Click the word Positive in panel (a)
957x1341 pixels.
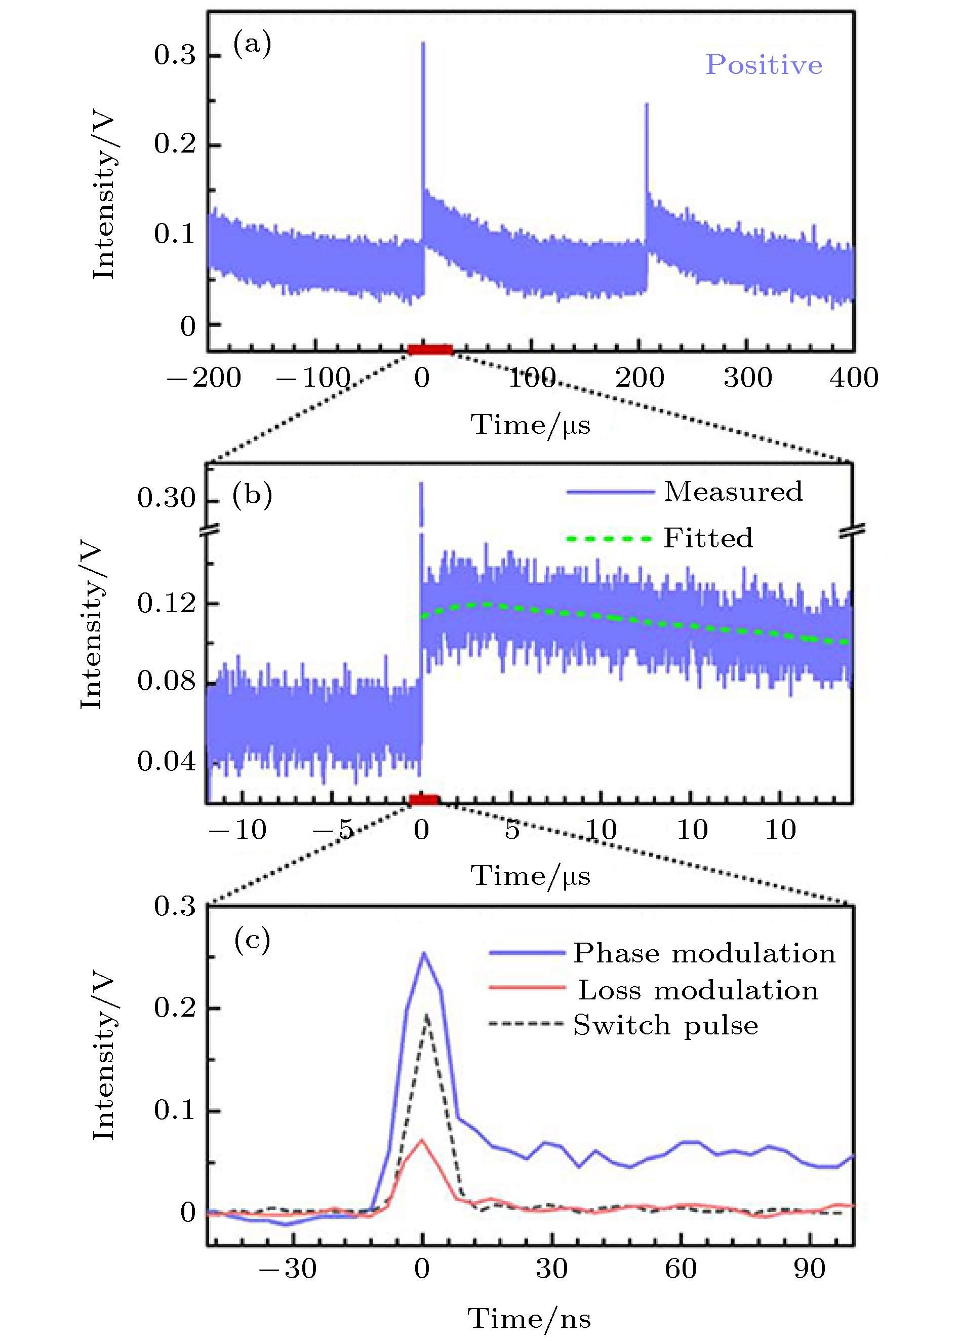[x=764, y=65]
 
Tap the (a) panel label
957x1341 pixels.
[x=252, y=44]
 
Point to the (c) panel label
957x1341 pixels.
[x=252, y=940]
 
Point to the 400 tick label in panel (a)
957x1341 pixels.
[x=854, y=378]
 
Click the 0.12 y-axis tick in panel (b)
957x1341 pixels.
[x=166, y=603]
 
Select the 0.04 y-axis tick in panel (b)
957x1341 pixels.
[x=166, y=761]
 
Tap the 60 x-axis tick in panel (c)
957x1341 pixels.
[x=681, y=1269]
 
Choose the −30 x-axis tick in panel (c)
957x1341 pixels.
[x=288, y=1269]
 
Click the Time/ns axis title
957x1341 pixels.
[x=529, y=1319]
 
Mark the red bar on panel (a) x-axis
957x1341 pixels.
[x=431, y=350]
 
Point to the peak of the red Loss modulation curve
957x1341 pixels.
[x=422, y=1139]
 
